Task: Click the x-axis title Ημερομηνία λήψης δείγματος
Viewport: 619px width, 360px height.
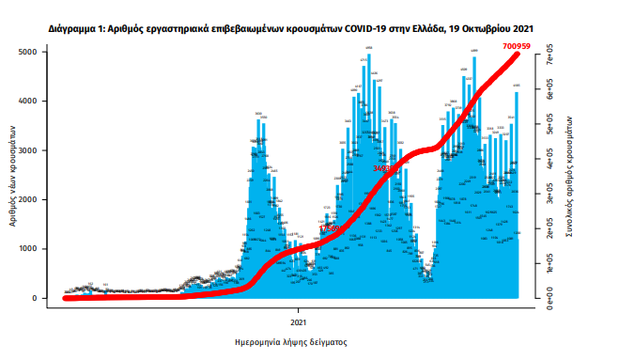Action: point(291,343)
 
